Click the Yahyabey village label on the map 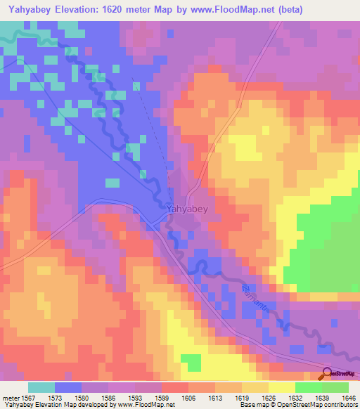(x=186, y=209)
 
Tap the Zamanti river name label (x=255, y=298)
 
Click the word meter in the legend (x=13, y=398)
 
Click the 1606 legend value (x=188, y=398)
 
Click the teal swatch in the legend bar (x=41, y=387)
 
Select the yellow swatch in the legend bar (x=281, y=387)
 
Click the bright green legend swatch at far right (x=335, y=387)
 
